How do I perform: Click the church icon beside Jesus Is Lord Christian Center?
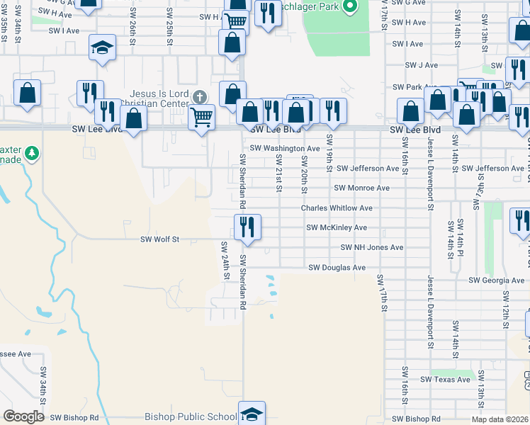pyautogui.click(x=201, y=98)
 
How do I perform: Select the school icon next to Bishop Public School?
pyautogui.click(x=252, y=413)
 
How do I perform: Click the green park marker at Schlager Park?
pyautogui.click(x=349, y=7)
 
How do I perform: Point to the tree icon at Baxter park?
pyautogui.click(x=31, y=153)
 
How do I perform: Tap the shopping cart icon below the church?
pyautogui.click(x=202, y=116)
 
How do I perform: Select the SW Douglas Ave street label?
pyautogui.click(x=337, y=268)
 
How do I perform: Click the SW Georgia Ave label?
pyautogui.click(x=496, y=280)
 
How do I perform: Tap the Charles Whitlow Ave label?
pyautogui.click(x=337, y=208)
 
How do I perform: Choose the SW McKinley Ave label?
pyautogui.click(x=337, y=227)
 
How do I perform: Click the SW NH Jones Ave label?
pyautogui.click(x=371, y=247)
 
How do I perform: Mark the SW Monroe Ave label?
pyautogui.click(x=361, y=188)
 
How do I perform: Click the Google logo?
pyautogui.click(x=24, y=416)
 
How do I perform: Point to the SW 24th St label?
pyautogui.click(x=225, y=259)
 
